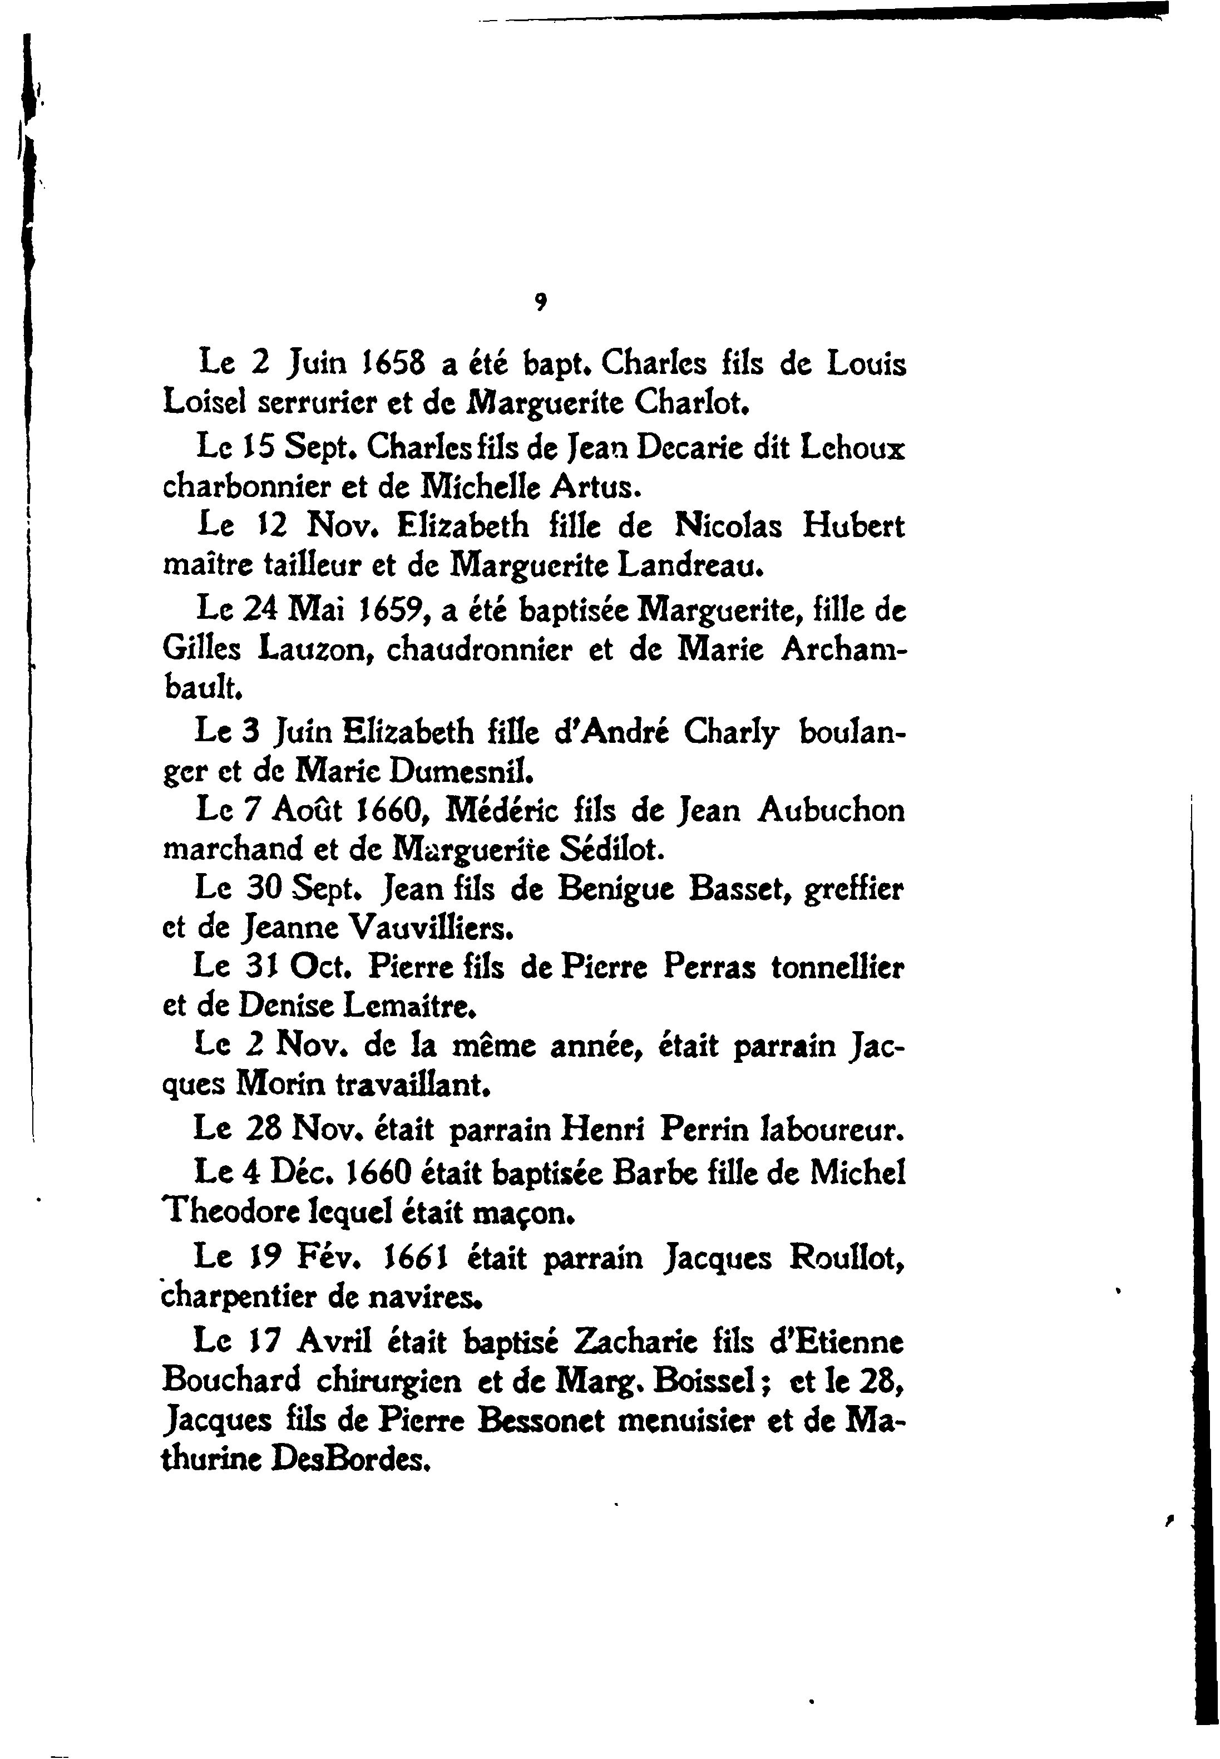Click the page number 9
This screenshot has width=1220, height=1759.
click(540, 303)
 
